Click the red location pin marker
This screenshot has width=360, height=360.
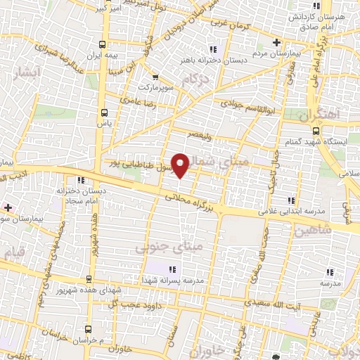click(182, 165)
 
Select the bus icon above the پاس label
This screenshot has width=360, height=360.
click(104, 112)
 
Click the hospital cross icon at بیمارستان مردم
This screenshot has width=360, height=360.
click(276, 42)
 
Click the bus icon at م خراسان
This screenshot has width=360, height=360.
click(87, 329)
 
